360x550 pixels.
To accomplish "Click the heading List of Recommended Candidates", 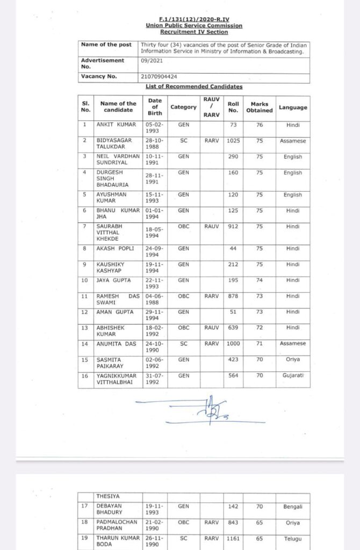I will [193, 86].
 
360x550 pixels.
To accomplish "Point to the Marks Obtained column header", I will [260, 107].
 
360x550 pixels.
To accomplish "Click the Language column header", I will [293, 107].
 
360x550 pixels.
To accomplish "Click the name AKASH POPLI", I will [115, 248].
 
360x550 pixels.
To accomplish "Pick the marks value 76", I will [260, 125].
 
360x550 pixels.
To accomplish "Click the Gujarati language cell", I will [293, 375].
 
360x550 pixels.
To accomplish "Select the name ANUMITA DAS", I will [116, 343].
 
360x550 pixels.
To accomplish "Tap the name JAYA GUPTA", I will [113, 280].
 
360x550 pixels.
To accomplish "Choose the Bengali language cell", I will [293, 506].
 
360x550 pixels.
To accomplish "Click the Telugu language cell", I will [293, 538].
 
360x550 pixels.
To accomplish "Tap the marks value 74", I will [260, 280].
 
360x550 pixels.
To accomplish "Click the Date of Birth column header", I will [155, 107].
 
